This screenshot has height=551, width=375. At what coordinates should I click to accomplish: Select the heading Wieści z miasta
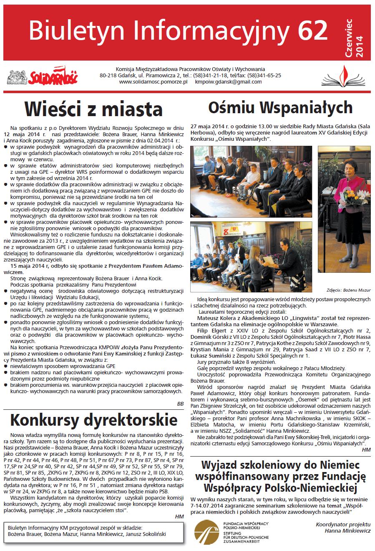coord(93,109)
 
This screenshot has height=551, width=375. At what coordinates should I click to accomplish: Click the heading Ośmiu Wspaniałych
coord(280,107)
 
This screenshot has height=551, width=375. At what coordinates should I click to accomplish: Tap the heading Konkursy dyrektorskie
coord(93,419)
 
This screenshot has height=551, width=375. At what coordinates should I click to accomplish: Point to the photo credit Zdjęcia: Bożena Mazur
coord(348,290)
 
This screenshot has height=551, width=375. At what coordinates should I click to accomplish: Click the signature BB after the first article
coord(180,404)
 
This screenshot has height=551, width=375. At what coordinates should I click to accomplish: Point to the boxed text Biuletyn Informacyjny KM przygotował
coord(75,527)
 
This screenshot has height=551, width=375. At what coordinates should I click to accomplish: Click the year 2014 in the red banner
coord(360,46)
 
